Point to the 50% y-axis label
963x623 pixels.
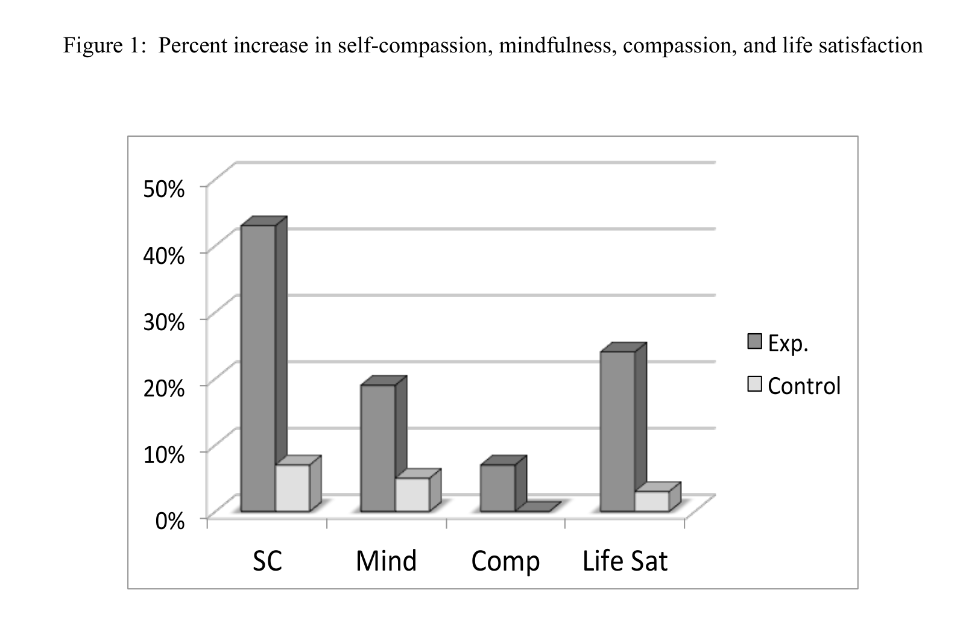pos(164,189)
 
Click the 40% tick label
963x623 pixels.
pos(164,255)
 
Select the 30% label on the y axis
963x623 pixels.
pos(164,322)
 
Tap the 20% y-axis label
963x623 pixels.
pos(164,389)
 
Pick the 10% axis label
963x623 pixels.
pos(164,454)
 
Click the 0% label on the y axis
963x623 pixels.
pos(170,521)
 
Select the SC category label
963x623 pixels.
pos(267,561)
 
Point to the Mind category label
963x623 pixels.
pos(386,561)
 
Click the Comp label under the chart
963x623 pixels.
pos(505,562)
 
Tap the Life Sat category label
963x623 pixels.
pos(625,561)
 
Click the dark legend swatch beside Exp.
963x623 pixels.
pos(754,342)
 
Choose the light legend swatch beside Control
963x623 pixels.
pos(754,384)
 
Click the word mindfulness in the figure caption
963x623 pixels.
pos(555,46)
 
